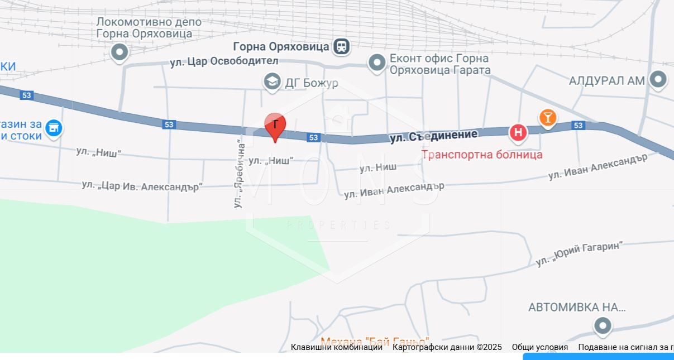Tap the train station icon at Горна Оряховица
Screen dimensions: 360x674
341,46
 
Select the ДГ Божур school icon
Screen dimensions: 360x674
272,81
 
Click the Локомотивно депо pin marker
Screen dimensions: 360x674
119,52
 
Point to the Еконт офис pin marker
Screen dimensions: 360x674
377,63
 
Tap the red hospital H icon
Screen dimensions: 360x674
518,132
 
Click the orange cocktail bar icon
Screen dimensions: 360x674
548,117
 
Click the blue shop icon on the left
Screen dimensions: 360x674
54,128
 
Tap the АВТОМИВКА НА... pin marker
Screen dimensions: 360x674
602,325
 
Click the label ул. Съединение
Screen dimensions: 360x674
433,135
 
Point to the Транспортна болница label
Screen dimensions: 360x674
481,155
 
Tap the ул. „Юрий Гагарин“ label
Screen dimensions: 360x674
579,253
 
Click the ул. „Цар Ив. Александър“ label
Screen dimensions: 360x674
142,186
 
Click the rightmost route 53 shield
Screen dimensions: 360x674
578,126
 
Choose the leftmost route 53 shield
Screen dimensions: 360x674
26,95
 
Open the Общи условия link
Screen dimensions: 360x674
539,347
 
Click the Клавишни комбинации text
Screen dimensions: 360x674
336,347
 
